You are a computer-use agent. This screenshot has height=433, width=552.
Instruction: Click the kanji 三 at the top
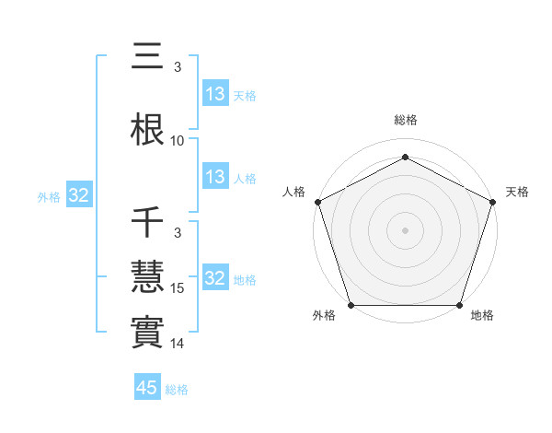(x=149, y=56)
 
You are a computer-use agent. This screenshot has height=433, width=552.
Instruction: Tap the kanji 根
(x=149, y=129)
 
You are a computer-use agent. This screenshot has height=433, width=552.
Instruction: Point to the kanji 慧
(x=149, y=277)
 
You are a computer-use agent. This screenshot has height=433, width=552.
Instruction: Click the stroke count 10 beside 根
(x=178, y=141)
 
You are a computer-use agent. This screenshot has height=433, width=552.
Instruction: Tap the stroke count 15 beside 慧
(x=178, y=288)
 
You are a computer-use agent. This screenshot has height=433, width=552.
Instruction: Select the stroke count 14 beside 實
(x=178, y=344)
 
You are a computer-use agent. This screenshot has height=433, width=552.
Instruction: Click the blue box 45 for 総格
(x=147, y=388)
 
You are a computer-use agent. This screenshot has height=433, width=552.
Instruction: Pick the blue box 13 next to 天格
(x=214, y=94)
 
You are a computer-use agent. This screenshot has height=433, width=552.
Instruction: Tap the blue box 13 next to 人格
(x=214, y=177)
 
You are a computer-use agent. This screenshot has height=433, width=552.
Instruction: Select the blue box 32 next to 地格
(x=214, y=278)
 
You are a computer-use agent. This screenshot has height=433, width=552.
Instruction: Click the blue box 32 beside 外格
(x=78, y=196)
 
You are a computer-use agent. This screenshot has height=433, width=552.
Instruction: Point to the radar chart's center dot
(x=405, y=229)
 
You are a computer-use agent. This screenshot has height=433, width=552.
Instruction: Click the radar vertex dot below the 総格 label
(x=405, y=157)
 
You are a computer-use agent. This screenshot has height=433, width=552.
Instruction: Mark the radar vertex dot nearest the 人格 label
(x=317, y=201)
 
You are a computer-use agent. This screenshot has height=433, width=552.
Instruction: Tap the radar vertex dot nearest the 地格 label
(x=459, y=305)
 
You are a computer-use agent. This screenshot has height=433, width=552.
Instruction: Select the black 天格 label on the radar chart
(x=517, y=192)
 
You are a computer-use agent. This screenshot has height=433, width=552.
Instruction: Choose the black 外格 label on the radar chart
(x=324, y=315)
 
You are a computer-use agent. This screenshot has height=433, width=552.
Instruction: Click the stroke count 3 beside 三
(x=177, y=67)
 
